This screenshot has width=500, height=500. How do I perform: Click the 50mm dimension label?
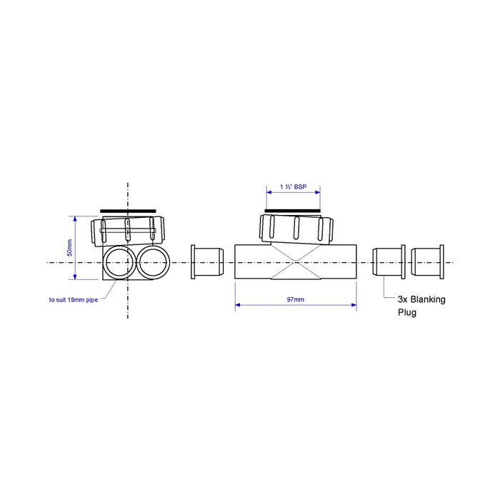pos(70,248)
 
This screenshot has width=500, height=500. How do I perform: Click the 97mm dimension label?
pos(296,299)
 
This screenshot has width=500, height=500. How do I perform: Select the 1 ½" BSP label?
pos(294,187)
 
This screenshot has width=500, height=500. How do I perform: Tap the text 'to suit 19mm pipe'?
pos(74,300)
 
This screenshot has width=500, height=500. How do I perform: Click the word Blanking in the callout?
pos(428,299)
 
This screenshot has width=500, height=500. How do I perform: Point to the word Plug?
pos(407,312)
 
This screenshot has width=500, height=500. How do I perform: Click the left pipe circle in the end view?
pos(119,262)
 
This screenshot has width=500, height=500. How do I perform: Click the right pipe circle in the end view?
pos(153,262)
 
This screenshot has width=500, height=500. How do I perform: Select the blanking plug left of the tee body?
pos(207,262)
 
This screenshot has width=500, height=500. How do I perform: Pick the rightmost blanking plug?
pos(427,262)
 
